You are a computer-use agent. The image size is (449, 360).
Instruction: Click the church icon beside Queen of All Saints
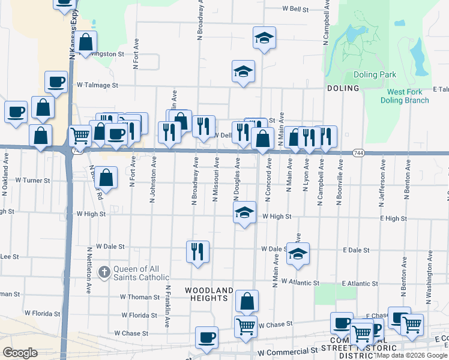click(104, 272)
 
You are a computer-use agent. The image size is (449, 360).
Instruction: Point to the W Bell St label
click(295, 10)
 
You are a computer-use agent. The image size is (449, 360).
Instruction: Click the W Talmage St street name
click(97, 85)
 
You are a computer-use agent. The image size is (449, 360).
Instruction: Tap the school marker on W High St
click(244, 212)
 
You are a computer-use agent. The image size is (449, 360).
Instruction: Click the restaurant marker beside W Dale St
click(197, 252)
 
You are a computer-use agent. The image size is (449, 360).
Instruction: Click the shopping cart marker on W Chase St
click(246, 327)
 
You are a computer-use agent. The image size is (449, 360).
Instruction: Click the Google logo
click(20, 353)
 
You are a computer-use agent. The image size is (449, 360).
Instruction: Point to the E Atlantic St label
click(360, 283)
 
